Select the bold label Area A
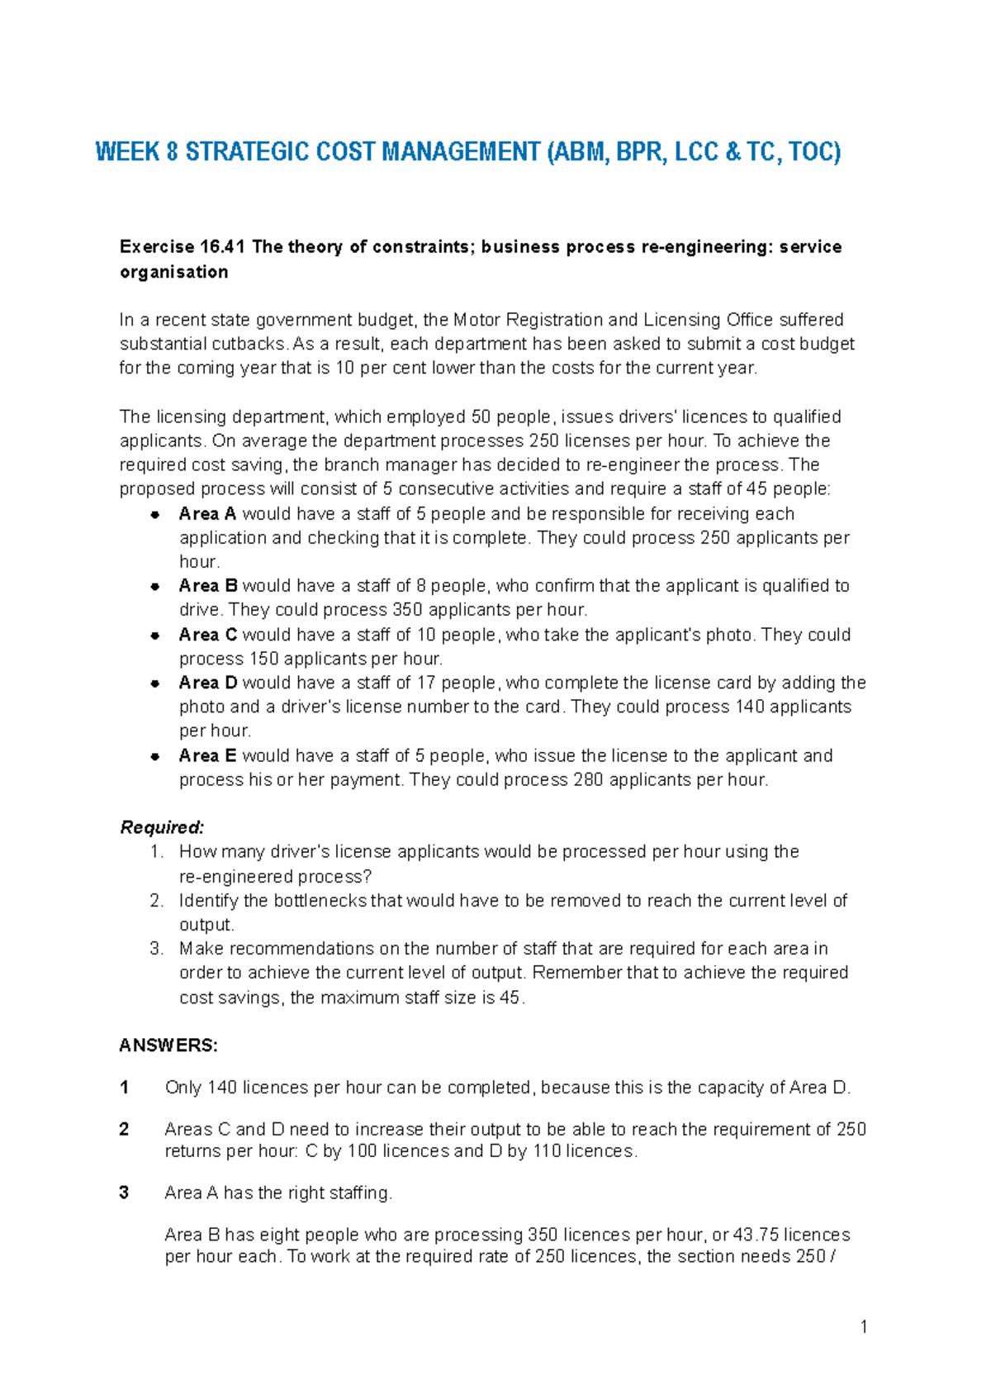tap(207, 514)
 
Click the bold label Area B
tap(208, 586)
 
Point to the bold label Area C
tap(208, 635)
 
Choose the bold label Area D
tap(208, 683)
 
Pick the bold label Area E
tap(207, 755)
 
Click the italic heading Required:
tap(162, 827)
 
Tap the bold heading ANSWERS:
tap(168, 1045)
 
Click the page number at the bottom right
tap(864, 1327)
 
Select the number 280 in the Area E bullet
tap(587, 780)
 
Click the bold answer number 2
tap(125, 1129)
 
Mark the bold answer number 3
tap(125, 1193)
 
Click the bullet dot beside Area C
tap(154, 636)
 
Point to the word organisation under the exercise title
tap(173, 272)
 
